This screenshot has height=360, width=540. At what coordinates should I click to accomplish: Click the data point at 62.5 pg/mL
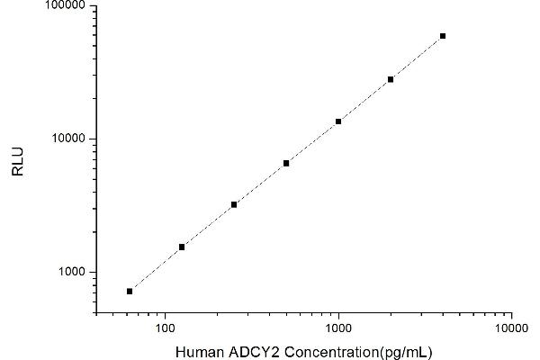tap(130, 291)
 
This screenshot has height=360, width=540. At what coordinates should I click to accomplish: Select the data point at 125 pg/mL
tap(182, 247)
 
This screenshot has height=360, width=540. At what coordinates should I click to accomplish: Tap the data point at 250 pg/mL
tap(234, 204)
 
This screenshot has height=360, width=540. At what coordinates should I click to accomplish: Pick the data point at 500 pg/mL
tap(286, 163)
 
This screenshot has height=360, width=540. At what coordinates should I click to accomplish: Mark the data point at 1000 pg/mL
tap(338, 121)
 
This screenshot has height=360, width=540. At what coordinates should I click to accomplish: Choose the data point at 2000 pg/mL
tap(391, 79)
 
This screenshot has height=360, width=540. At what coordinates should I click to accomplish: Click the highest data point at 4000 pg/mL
tap(443, 36)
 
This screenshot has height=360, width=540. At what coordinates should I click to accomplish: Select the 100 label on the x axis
tap(165, 326)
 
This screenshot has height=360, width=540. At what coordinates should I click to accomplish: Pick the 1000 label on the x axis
tap(338, 326)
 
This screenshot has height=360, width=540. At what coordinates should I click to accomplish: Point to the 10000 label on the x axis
tap(511, 326)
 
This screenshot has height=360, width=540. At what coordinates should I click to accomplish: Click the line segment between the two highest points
tap(417, 58)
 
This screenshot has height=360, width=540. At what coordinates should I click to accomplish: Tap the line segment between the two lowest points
tap(156, 269)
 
